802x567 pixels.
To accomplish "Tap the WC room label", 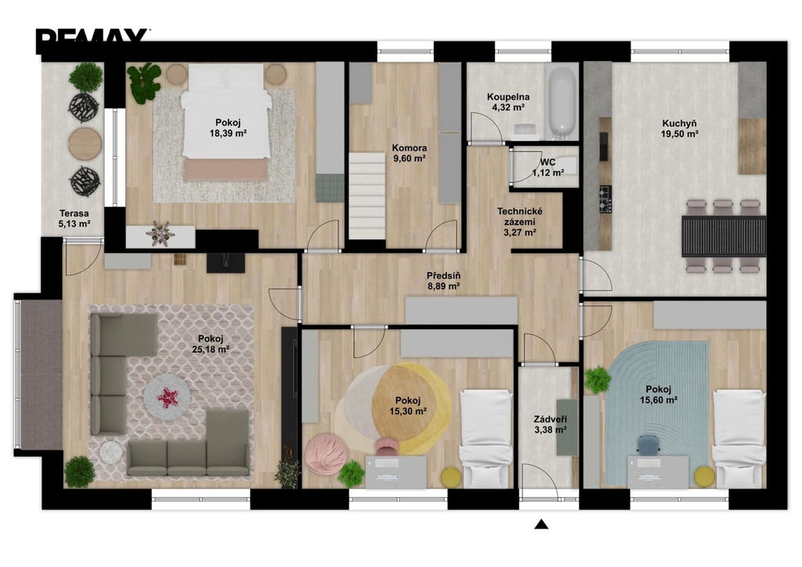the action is [547, 162].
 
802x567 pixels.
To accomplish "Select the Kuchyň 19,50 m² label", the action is [679, 129].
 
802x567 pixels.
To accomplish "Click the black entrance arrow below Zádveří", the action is [541, 524].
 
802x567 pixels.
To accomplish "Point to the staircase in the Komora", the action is [367, 195].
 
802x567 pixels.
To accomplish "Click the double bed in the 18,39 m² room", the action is [226, 122].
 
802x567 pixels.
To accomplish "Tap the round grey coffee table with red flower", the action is [167, 398].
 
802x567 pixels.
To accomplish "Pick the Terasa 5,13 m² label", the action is [74, 219].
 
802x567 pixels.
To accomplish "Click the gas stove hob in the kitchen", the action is [605, 199].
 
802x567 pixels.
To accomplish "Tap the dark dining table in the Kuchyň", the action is [723, 236].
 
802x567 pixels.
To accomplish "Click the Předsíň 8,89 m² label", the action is [443, 282].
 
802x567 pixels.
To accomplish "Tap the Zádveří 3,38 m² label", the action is [551, 424].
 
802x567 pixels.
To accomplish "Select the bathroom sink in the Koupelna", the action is [524, 129].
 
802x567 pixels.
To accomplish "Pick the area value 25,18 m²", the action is [210, 350].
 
